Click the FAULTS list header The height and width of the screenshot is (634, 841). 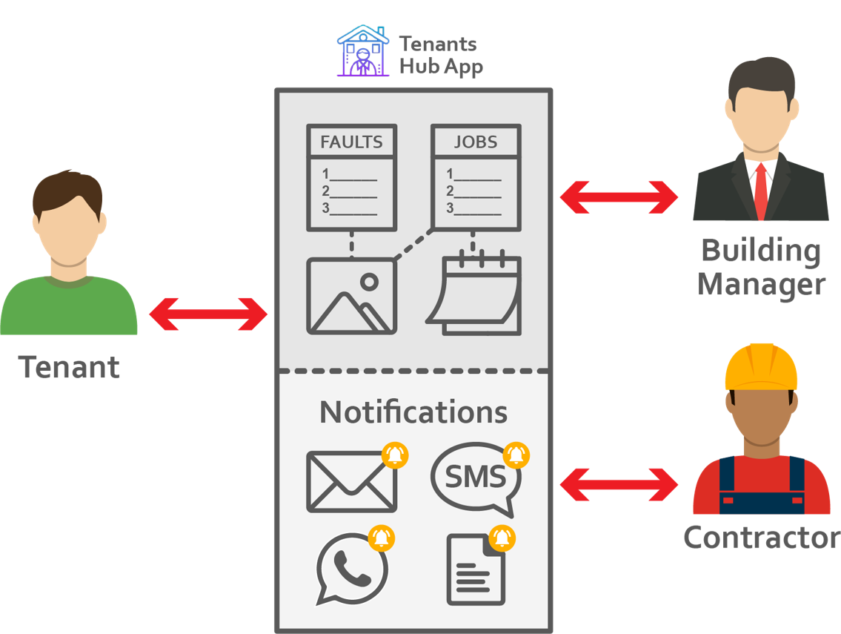coord(351,142)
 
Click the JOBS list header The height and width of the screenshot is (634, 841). coord(476,142)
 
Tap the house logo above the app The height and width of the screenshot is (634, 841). coord(362,51)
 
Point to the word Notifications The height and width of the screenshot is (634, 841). coord(413,412)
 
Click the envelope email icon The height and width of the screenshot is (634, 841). coord(351,481)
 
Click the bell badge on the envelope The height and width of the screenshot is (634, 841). coord(395,455)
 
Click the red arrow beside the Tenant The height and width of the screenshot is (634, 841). coord(208,314)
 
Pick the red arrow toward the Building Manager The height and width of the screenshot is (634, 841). coord(619,197)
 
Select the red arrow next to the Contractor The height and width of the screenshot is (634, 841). coord(619,486)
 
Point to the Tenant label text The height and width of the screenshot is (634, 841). coord(69,367)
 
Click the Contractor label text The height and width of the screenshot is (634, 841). coord(761,538)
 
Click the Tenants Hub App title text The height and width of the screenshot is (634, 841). coord(441,55)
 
